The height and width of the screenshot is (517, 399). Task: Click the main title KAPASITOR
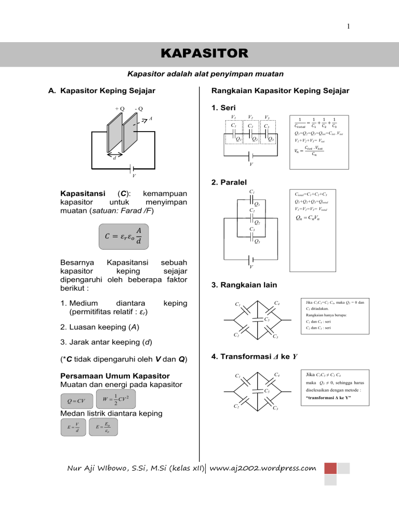point(199,54)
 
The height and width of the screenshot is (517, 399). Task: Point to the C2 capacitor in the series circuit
point(251,126)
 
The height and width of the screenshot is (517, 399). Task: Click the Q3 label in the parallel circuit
point(256,241)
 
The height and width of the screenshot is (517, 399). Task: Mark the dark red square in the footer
point(331,469)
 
